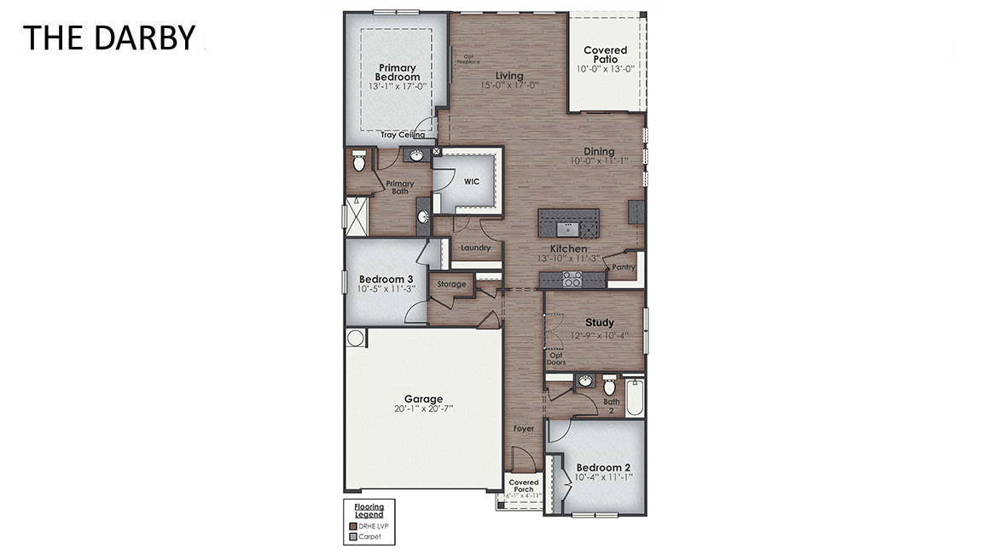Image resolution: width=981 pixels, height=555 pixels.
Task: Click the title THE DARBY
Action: coord(108,38)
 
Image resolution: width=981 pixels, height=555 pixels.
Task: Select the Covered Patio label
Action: coord(605,55)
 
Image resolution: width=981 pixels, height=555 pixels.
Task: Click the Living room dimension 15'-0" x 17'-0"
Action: coord(508,85)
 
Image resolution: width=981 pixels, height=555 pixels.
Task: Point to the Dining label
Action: coord(599,152)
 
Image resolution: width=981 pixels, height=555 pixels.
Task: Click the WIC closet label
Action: coord(471,182)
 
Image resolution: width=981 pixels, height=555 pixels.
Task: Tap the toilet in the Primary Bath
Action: coord(358,159)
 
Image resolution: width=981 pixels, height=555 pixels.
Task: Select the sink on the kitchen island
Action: coord(567,228)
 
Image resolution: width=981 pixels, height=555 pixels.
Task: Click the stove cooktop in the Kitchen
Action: coord(571,279)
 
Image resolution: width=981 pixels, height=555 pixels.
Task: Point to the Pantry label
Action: coord(623,267)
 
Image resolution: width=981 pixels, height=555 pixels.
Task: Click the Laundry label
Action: coord(475,248)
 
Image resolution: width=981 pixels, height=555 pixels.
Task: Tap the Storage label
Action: coord(451,284)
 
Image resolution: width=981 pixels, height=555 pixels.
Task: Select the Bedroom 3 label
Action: coord(386,279)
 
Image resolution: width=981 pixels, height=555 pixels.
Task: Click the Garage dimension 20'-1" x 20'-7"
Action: coord(423,408)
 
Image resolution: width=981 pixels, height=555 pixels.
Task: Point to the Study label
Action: coord(599,323)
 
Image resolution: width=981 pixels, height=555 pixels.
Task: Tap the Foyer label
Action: coord(523,429)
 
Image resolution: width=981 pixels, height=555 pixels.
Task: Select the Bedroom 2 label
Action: coord(603,467)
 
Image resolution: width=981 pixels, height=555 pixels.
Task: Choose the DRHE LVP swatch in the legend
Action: coord(352,526)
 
